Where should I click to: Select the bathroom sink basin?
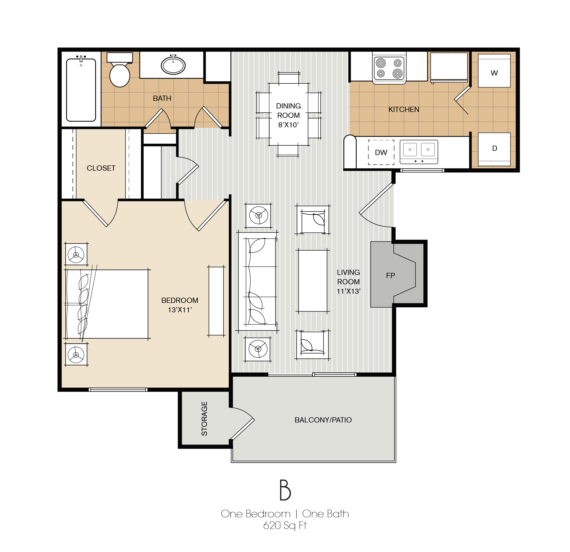(173, 65)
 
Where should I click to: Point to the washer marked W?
(494, 71)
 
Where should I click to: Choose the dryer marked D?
(494, 149)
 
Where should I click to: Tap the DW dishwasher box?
(381, 152)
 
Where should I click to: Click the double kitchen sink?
(419, 152)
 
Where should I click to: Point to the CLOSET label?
(101, 168)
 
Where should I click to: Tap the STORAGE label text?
(204, 419)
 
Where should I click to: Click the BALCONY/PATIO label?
(323, 420)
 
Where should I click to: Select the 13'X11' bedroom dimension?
(180, 310)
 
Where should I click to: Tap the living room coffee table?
(313, 281)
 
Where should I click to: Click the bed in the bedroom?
(106, 304)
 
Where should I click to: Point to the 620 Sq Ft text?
(285, 525)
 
